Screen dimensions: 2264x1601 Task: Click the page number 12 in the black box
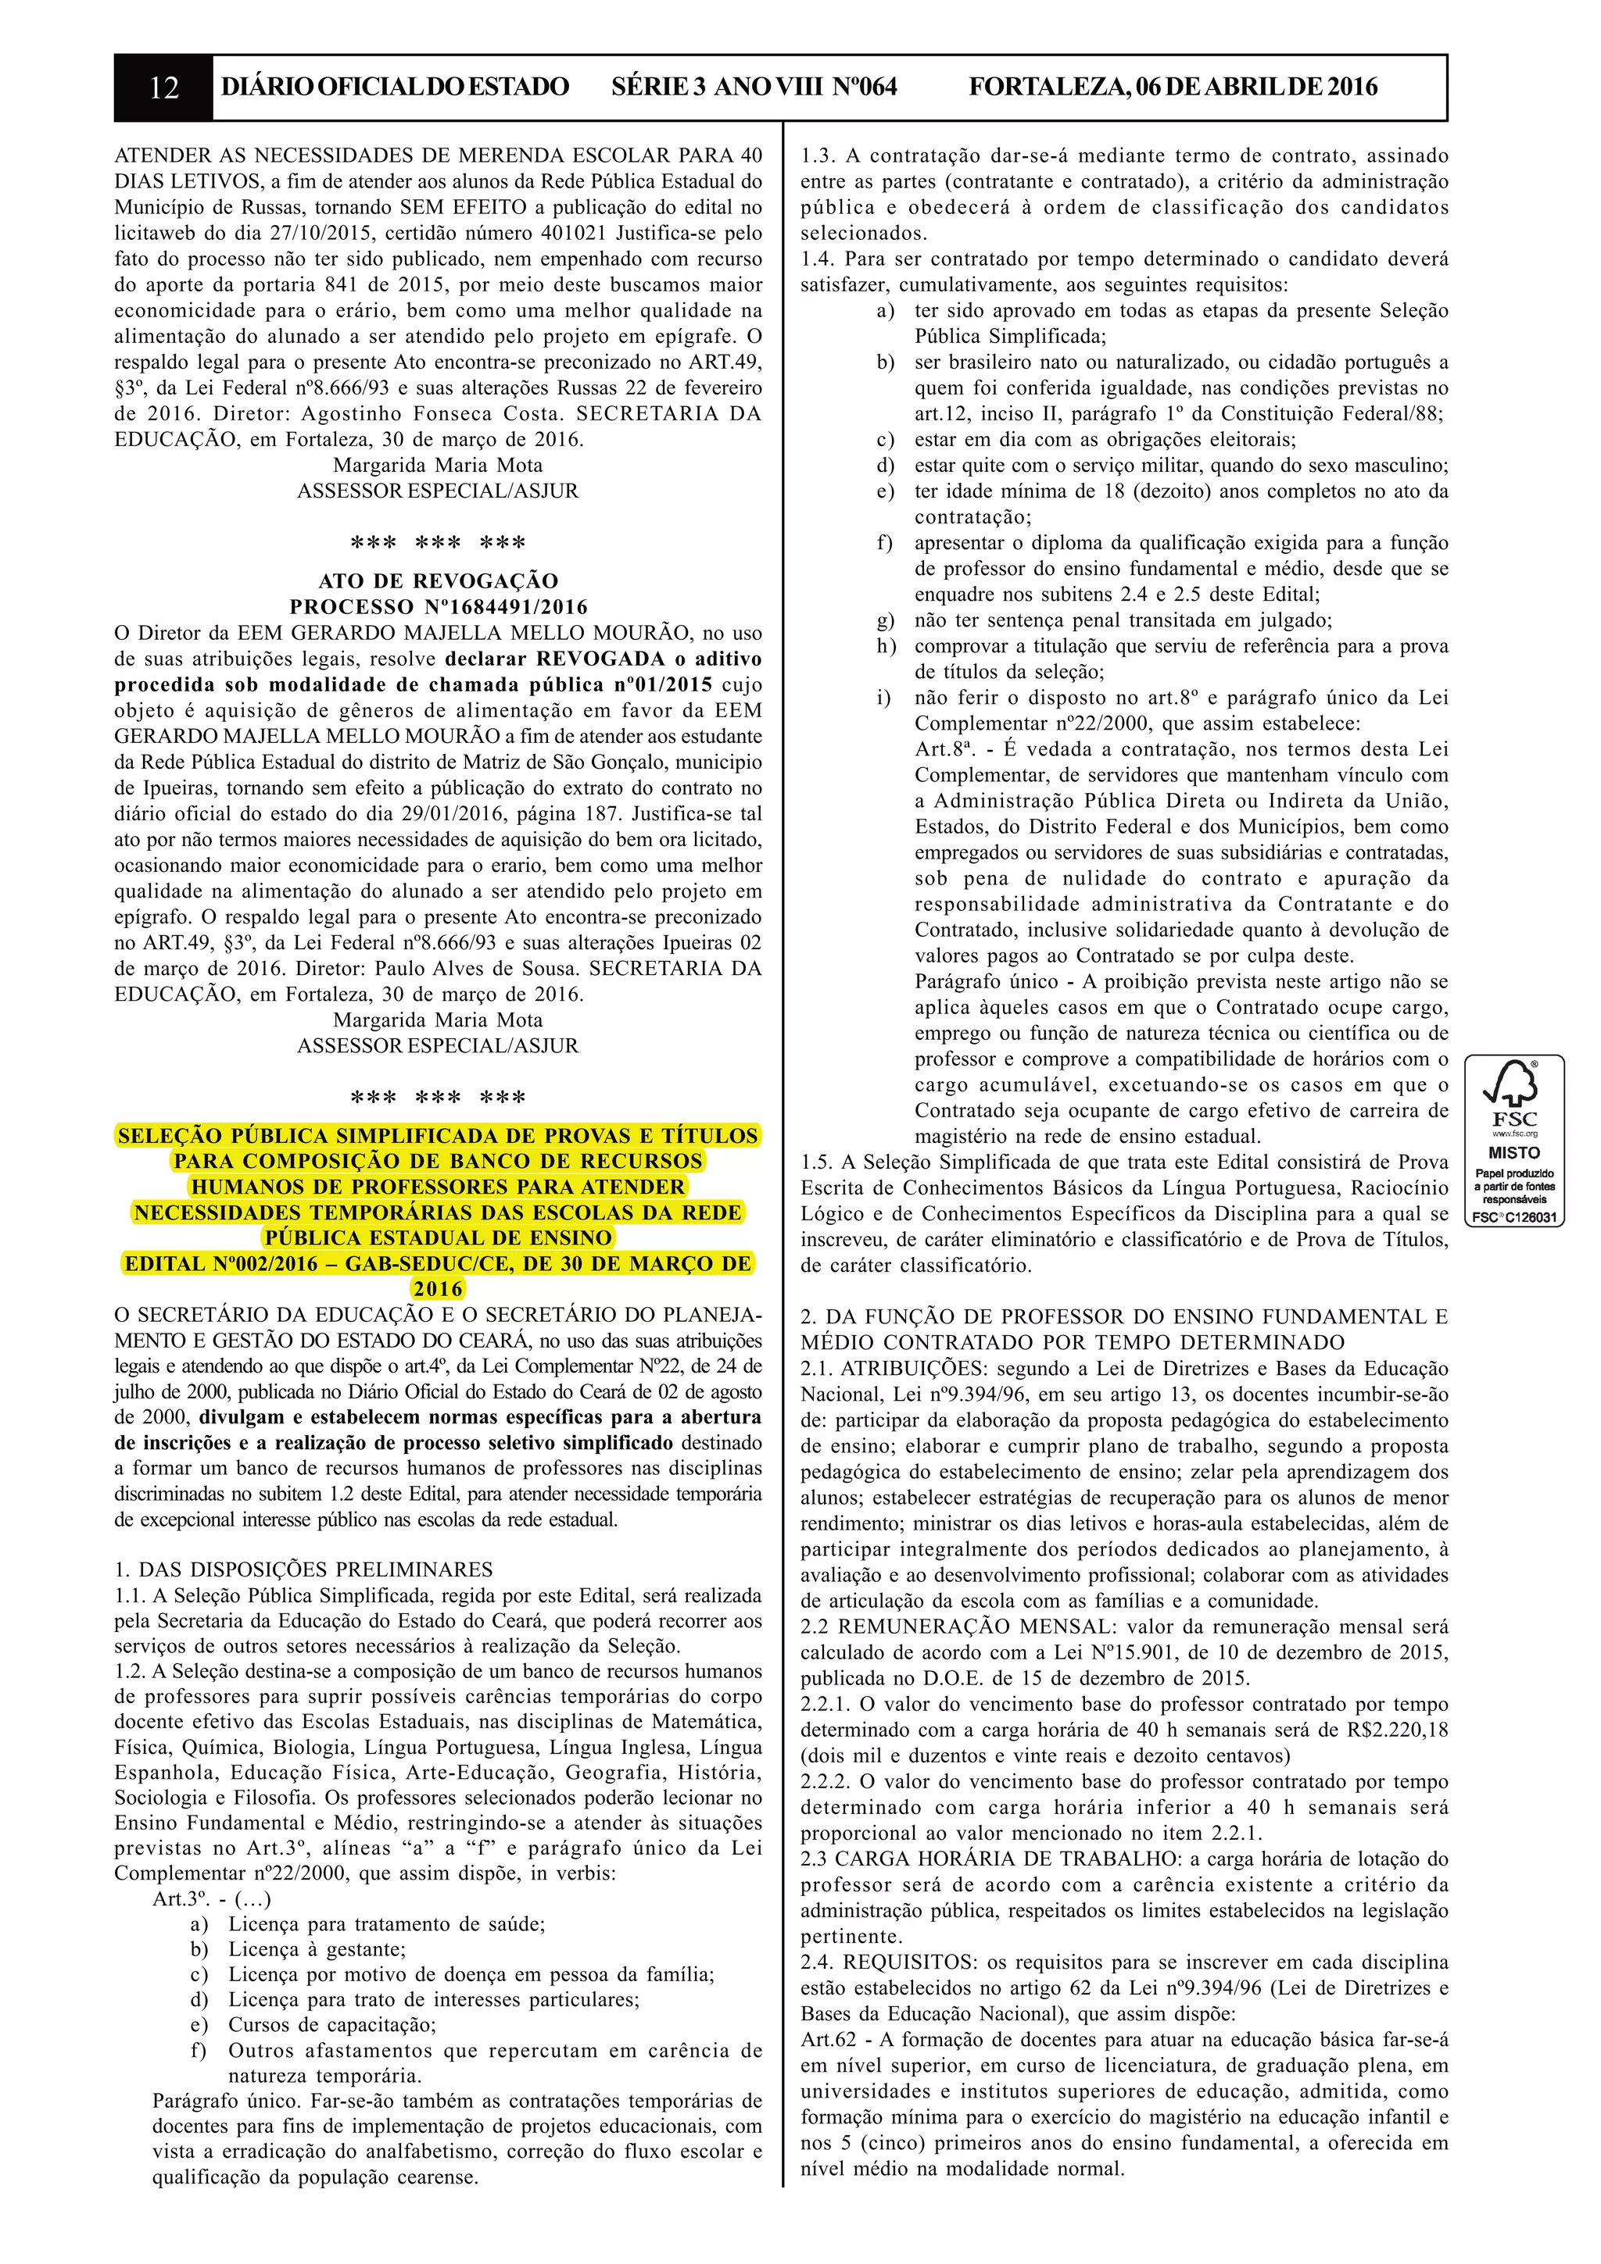(163, 87)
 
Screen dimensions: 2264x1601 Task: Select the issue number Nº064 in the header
(865, 87)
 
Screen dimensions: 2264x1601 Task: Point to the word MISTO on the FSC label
(1513, 1152)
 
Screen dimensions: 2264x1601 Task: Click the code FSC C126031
(1514, 1217)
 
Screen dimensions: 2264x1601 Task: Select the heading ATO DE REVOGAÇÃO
(438, 580)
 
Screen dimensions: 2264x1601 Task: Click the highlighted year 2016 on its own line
(438, 1289)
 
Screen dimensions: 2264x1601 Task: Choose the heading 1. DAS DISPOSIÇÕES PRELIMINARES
(304, 1569)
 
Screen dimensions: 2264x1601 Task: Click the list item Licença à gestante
(317, 1948)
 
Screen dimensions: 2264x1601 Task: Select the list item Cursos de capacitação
(331, 2024)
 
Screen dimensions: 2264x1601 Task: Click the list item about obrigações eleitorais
(1105, 440)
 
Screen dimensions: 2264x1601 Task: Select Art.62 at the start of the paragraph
(829, 2039)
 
